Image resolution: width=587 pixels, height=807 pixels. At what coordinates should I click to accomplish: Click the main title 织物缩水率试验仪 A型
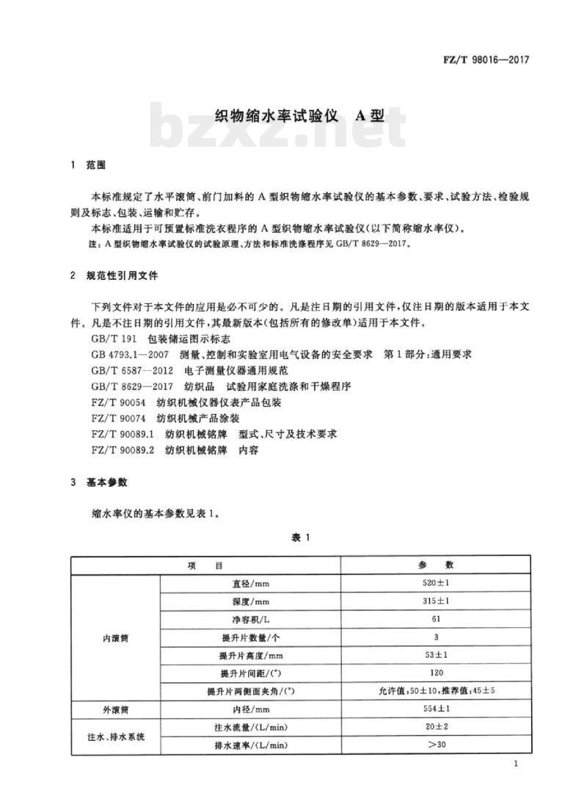(x=299, y=116)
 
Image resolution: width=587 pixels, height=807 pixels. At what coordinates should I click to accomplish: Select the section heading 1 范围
(x=87, y=166)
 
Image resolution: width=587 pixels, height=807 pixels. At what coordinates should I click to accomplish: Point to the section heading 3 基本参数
(x=98, y=482)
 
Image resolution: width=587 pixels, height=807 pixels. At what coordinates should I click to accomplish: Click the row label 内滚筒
(x=115, y=637)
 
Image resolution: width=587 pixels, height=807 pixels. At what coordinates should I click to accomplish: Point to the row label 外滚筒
(x=115, y=709)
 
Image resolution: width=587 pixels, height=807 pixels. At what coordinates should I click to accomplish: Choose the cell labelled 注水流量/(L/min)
(x=251, y=727)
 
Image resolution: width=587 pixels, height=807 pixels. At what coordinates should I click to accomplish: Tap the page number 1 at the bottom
(x=517, y=765)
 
